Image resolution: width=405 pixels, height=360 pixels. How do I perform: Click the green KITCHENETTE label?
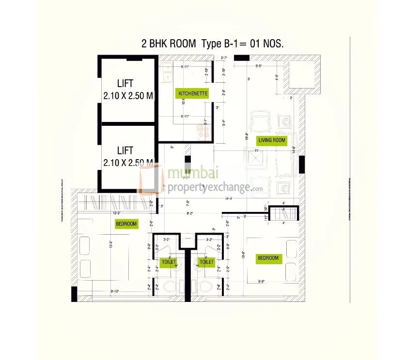(x=193, y=93)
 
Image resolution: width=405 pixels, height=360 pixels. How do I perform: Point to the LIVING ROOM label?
(x=272, y=140)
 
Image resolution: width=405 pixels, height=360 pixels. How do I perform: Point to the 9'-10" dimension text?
(x=115, y=291)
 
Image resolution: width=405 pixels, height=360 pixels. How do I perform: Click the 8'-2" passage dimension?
(x=190, y=213)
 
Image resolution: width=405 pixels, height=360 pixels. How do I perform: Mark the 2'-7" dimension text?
(x=223, y=58)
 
